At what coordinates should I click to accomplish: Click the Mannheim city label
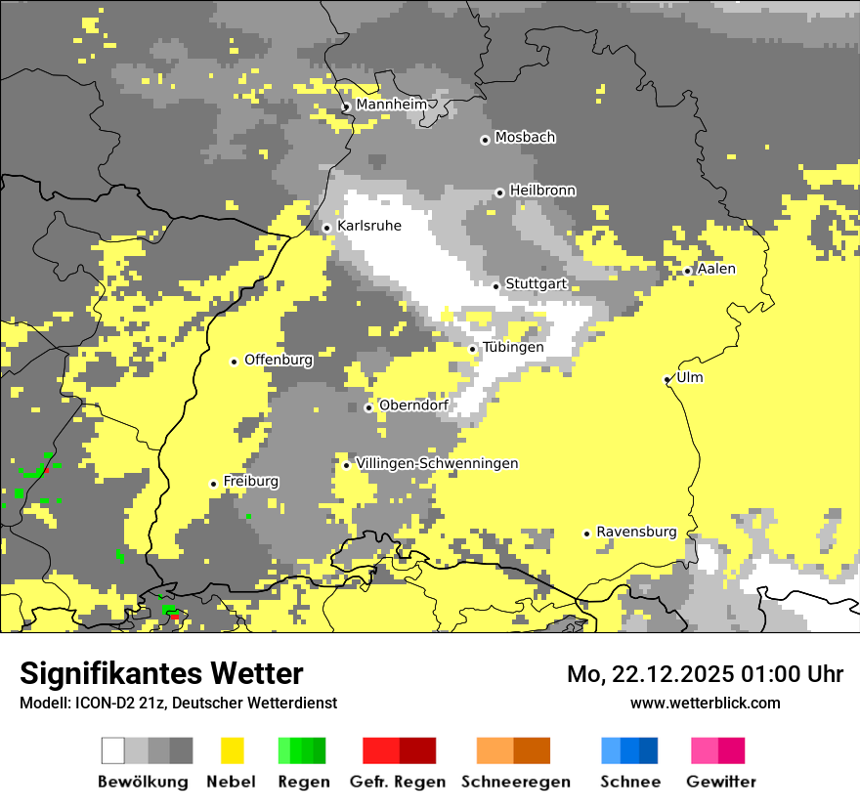tap(391, 105)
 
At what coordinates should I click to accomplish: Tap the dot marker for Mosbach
tap(485, 140)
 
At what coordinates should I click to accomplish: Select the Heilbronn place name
tap(542, 191)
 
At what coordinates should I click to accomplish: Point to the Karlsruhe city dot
tap(327, 228)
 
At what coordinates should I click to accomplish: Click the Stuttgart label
tap(536, 284)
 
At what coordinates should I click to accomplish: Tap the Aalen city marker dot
tap(688, 272)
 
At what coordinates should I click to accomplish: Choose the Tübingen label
tap(513, 348)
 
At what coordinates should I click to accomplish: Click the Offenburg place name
tap(279, 360)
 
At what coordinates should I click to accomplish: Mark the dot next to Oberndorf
tap(368, 407)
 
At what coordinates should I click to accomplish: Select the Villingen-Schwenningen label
tap(437, 463)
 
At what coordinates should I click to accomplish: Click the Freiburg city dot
tap(213, 484)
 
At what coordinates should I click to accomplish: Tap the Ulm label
tap(690, 378)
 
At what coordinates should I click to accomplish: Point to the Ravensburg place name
tap(636, 533)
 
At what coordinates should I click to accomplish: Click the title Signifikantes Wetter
tap(161, 674)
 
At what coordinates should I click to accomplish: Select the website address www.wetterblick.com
tap(705, 703)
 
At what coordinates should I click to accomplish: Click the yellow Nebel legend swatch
tap(233, 750)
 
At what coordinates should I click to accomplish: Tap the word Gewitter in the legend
tap(720, 782)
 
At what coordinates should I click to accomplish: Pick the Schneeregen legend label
tap(515, 782)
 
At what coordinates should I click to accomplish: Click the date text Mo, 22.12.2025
tap(650, 674)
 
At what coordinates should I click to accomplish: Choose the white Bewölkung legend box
tap(113, 750)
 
